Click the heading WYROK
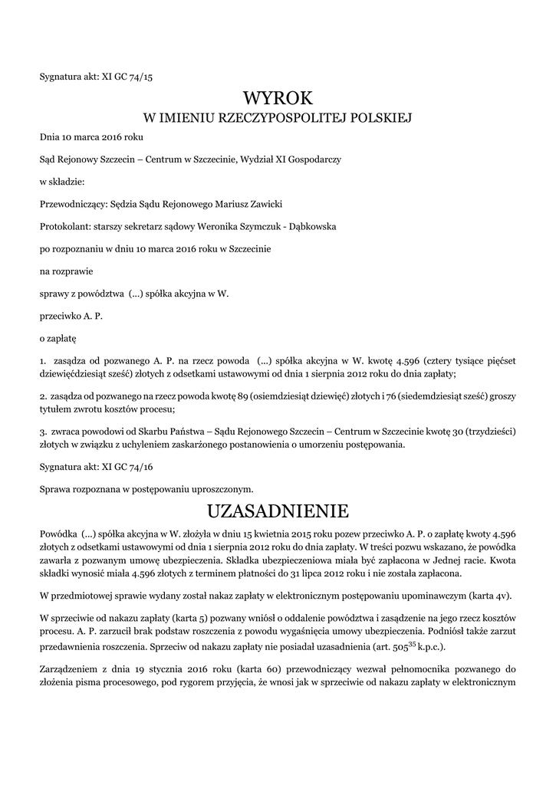tap(278, 97)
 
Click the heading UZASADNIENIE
tap(278, 511)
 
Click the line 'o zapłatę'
tap(58, 337)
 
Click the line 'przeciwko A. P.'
tap(71, 315)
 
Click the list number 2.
tap(42, 396)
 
